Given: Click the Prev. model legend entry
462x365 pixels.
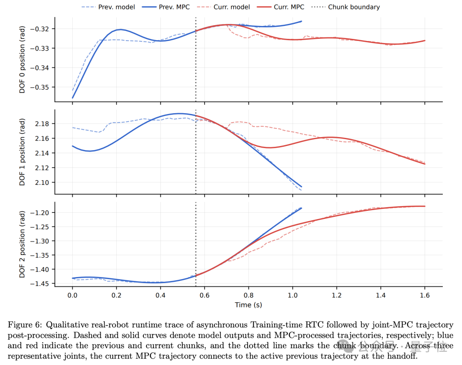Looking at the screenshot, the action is (108, 7).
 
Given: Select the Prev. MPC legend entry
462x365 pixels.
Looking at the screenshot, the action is (166, 7).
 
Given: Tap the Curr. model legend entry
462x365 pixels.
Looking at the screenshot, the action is (223, 7).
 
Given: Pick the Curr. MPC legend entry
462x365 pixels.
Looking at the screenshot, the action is (281, 7).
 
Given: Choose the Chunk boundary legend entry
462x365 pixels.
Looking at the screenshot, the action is (346, 7).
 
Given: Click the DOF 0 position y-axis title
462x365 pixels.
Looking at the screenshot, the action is (22, 60).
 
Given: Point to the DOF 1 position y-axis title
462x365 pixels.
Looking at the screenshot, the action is (22, 152).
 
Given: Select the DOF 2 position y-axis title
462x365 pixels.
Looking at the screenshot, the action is (22, 245).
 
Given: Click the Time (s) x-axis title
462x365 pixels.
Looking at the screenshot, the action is (249, 305).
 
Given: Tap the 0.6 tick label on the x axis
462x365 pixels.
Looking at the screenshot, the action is (204, 295).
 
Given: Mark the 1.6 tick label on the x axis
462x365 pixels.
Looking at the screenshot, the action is (425, 295).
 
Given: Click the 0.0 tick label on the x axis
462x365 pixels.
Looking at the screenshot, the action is (72, 295).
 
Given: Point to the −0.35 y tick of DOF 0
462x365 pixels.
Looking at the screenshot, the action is (40, 88).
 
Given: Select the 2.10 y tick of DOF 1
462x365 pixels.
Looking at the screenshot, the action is (42, 183).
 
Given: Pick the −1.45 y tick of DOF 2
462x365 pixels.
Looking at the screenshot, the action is (40, 284).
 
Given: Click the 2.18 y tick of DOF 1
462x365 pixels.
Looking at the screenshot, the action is (42, 124).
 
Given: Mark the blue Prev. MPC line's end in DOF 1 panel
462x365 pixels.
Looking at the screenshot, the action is (302, 187).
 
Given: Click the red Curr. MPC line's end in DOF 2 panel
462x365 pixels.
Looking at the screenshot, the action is (425, 206).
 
